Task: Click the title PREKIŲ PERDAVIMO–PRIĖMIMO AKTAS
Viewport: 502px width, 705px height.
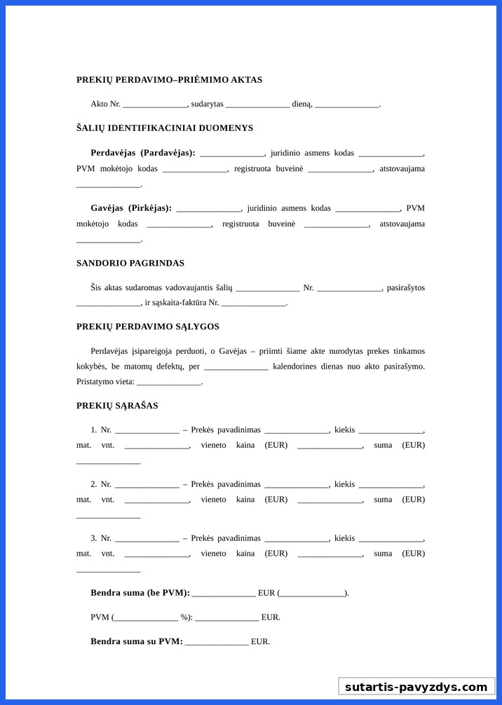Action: coord(169,80)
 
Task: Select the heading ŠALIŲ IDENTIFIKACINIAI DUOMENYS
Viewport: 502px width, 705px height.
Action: coord(165,128)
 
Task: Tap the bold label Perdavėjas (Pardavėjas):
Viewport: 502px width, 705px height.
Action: coord(143,153)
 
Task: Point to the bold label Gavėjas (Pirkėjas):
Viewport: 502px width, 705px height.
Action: coord(131,208)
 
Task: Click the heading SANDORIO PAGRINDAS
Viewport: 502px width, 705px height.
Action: coord(130,263)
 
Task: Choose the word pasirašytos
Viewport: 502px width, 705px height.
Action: coord(406,288)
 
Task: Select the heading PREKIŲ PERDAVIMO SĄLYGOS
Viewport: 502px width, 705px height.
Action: coord(148,327)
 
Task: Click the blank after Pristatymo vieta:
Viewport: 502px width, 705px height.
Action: coord(169,383)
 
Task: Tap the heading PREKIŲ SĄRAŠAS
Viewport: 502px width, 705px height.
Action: coord(117,406)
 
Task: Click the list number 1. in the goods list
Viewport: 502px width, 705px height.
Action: coord(94,430)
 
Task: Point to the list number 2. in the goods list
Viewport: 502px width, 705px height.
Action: coord(94,484)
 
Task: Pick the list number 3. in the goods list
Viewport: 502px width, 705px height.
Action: coord(94,538)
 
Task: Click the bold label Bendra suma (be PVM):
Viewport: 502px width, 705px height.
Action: coord(140,593)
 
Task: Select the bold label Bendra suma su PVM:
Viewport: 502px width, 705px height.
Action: coord(137,641)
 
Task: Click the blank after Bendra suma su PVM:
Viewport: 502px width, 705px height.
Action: coord(217,643)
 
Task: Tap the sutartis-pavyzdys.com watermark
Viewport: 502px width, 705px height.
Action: coord(416,687)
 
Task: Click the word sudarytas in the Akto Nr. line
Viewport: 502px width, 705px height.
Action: coord(207,104)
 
